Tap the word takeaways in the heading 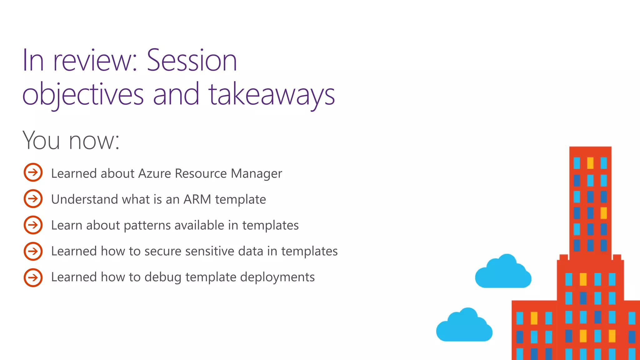coord(272,94)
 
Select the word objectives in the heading coord(83,94)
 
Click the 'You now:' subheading coord(71,140)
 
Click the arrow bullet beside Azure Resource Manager coord(33,172)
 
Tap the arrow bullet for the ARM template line coord(33,198)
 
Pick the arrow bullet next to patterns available coord(33,225)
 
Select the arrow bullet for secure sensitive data coord(33,251)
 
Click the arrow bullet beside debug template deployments coord(33,277)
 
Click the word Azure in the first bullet coord(154,173)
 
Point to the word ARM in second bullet coord(197,199)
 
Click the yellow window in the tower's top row coord(590,163)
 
